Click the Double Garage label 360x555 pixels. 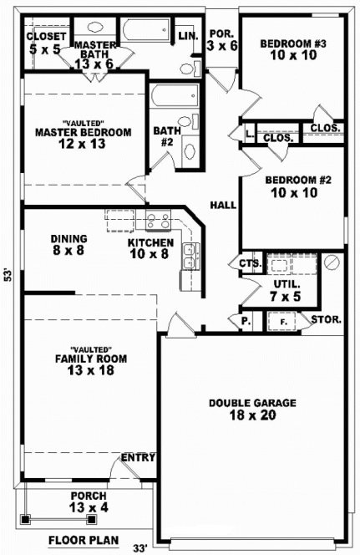pyautogui.click(x=251, y=402)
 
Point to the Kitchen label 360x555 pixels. pyautogui.click(x=150, y=242)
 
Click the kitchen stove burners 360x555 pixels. pyautogui.click(x=157, y=221)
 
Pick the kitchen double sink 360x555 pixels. pyautogui.click(x=190, y=256)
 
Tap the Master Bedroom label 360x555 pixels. pyautogui.click(x=83, y=132)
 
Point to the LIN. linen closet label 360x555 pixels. pyautogui.click(x=187, y=37)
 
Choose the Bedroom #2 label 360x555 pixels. pyautogui.click(x=293, y=180)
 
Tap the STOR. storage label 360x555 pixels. pyautogui.click(x=325, y=319)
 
